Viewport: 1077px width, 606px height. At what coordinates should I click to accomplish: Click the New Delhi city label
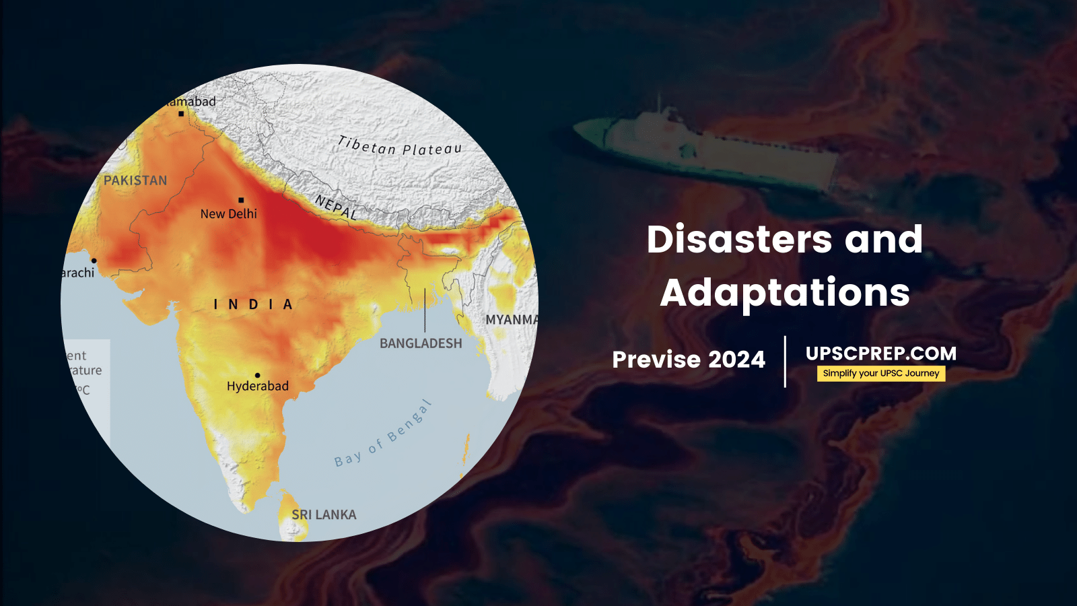(228, 214)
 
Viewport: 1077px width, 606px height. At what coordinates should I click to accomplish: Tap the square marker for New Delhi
(241, 200)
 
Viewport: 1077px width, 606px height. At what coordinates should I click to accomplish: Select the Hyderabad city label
(257, 386)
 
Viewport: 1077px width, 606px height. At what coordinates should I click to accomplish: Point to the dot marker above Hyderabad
(257, 375)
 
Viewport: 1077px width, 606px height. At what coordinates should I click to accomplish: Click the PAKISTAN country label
(135, 180)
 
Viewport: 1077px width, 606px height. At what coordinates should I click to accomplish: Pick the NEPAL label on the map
(336, 207)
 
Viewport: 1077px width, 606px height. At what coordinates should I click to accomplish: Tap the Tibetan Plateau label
(399, 146)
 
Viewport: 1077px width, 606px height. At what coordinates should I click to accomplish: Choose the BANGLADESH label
(421, 343)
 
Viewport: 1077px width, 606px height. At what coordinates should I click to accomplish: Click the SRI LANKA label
(324, 514)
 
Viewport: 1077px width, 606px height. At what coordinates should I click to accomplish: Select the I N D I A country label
(253, 305)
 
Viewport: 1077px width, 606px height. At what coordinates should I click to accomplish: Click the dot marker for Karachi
(94, 261)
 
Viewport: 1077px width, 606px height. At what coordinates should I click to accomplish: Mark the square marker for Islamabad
(181, 114)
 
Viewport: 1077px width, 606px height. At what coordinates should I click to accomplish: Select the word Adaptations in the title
(785, 293)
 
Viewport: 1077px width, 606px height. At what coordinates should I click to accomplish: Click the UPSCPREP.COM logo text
(880, 353)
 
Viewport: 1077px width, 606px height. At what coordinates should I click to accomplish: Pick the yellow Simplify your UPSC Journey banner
(880, 374)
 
